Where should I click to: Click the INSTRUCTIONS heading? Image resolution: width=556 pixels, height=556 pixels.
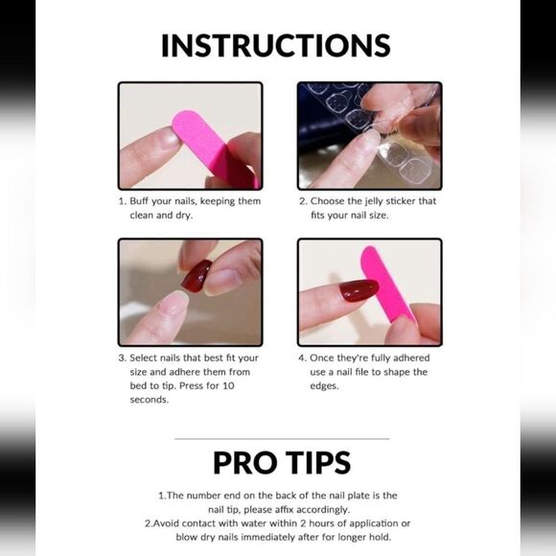click(276, 46)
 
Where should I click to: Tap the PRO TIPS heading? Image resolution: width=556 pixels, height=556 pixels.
click(282, 463)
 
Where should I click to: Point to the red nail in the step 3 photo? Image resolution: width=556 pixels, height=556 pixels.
click(197, 276)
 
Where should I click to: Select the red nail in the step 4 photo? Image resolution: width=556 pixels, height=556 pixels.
click(359, 290)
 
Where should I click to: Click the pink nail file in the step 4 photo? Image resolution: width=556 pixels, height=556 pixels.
click(385, 285)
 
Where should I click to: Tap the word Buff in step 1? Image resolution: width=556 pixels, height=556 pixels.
click(139, 201)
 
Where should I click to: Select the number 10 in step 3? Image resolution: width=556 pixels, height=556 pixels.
click(228, 385)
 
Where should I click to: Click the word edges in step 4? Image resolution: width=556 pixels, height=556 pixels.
click(324, 386)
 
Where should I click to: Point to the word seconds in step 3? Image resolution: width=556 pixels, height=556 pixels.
click(150, 400)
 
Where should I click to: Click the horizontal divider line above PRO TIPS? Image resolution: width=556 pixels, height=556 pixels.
click(282, 439)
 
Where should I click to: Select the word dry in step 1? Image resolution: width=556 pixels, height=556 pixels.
click(184, 216)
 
